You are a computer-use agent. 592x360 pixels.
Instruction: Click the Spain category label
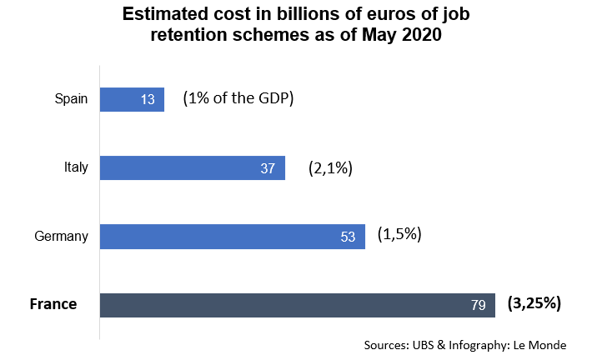point(71,100)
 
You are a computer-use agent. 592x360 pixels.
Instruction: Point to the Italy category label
point(76,167)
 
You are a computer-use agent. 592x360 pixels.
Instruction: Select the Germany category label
point(61,237)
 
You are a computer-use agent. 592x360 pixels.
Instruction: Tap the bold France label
point(53,304)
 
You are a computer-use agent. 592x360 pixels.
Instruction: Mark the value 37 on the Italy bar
point(267,169)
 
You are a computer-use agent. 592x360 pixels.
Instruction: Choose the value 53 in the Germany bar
point(348,237)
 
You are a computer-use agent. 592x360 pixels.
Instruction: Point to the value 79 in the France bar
point(478,306)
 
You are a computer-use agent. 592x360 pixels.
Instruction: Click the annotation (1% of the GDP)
point(238,98)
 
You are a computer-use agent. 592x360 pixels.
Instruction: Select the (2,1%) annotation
point(330,167)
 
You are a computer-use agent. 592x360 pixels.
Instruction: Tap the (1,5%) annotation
point(399,234)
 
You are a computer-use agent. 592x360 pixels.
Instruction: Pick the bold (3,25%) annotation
point(534,303)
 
